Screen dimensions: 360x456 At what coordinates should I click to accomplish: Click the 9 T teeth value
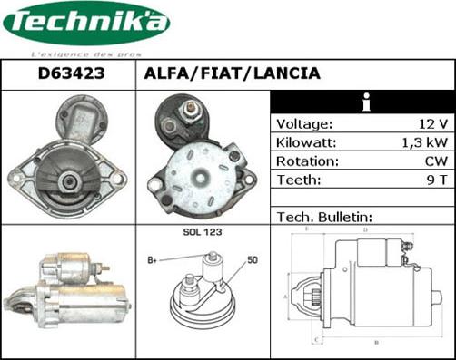[436, 180]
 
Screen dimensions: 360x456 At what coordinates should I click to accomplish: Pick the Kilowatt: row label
[307, 143]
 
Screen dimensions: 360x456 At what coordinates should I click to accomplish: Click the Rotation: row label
[308, 161]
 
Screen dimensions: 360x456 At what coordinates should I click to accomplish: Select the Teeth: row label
[299, 180]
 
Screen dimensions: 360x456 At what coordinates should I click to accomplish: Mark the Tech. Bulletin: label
[324, 218]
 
